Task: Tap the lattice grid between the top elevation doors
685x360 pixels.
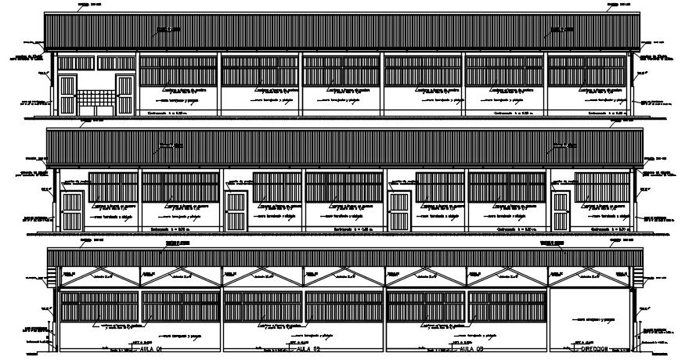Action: click(x=96, y=98)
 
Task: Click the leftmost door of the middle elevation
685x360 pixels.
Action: click(x=72, y=211)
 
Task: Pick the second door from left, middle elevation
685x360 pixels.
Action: click(x=236, y=211)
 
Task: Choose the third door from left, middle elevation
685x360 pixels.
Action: click(x=398, y=211)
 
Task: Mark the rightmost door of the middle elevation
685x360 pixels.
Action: click(x=561, y=211)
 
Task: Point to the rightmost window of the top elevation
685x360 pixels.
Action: click(x=587, y=70)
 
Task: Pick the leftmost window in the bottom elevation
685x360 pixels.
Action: click(x=99, y=307)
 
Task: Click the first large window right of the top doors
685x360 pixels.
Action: click(x=178, y=70)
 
